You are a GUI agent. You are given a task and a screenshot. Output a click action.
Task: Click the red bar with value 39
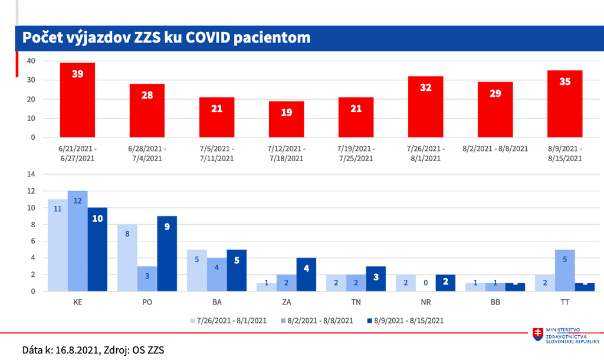[77, 100]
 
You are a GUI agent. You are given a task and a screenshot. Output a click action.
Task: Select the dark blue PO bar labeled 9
[167, 253]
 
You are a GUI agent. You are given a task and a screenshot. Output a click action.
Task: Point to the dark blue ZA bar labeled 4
[306, 274]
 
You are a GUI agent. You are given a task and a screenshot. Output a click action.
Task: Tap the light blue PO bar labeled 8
[127, 257]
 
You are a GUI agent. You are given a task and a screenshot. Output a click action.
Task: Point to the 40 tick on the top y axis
[31, 61]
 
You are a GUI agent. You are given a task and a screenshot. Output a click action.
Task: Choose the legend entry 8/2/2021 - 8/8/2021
[319, 321]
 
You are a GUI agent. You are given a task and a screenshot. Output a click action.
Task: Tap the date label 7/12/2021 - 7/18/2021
[286, 153]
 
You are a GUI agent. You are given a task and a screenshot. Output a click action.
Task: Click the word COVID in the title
[214, 38]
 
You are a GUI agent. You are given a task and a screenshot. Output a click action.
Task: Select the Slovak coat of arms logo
[537, 335]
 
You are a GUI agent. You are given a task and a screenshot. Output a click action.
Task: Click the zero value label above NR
[425, 283]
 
